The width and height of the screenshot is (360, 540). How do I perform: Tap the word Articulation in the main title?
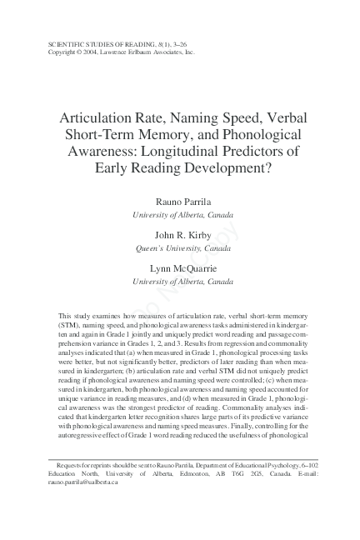(102, 117)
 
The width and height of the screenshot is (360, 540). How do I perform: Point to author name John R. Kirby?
(182, 236)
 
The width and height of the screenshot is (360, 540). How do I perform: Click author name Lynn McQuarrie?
(182, 269)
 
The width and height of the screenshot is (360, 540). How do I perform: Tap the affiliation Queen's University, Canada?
(182, 248)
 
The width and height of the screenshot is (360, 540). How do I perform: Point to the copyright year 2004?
(87, 50)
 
